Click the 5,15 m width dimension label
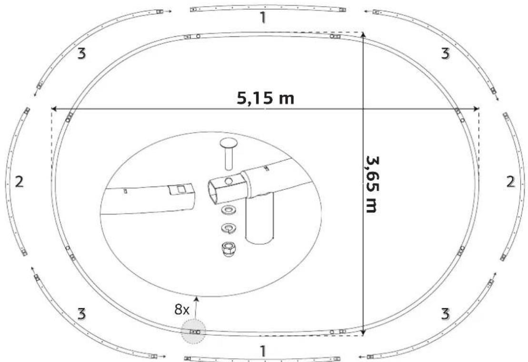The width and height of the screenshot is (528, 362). coord(265,98)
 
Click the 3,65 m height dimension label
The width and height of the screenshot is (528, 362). coord(372,184)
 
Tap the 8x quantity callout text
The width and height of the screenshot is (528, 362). coord(182,310)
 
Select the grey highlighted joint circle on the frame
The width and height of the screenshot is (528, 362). coord(193,331)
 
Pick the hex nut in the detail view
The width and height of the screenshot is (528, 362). coord(229,249)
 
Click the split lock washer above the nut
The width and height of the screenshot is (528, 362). coord(229,228)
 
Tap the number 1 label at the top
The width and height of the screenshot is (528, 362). coord(263,18)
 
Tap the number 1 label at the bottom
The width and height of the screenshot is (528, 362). coord(263,351)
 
